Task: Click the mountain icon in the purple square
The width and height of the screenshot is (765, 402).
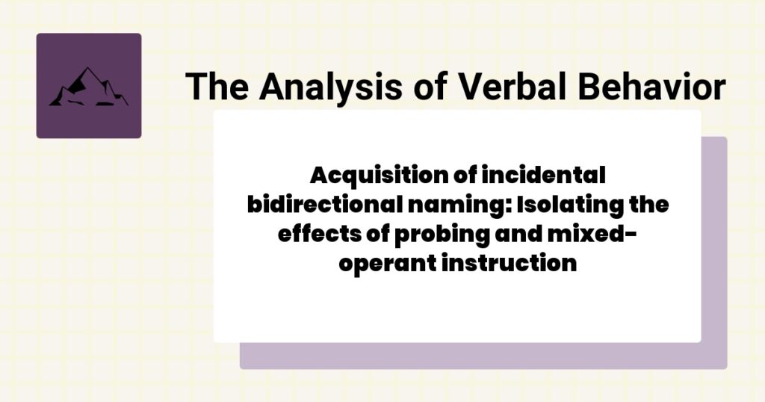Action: click(x=88, y=87)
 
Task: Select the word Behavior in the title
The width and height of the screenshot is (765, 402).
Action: click(x=647, y=87)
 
